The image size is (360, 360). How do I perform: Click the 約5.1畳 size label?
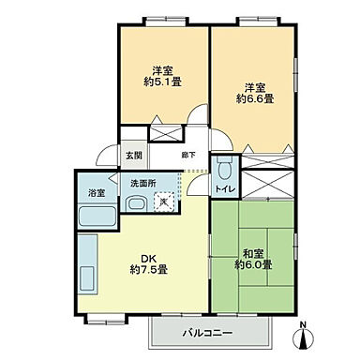[x=161, y=82]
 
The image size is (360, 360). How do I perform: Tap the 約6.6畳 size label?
[x=254, y=97]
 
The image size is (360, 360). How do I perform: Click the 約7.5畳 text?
[x=148, y=270]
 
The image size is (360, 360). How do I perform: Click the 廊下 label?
[x=187, y=154]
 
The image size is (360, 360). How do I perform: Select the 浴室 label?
[x=97, y=193]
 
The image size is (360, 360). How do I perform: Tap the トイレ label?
[x=225, y=191]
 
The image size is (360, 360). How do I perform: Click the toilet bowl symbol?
[x=224, y=171]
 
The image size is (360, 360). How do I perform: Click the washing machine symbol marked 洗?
[x=164, y=199]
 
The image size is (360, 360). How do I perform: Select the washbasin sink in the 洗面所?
[x=134, y=205]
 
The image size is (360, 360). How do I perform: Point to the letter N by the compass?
[x=301, y=326]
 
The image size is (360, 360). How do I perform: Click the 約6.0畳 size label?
[x=255, y=265]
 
